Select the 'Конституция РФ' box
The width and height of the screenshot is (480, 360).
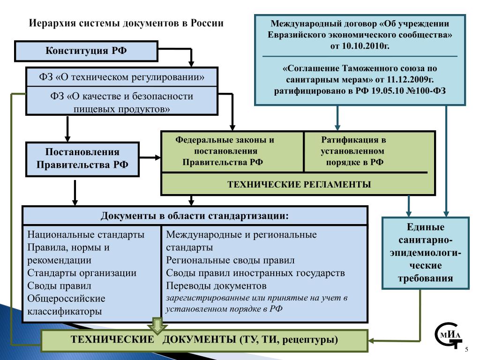tap(86, 51)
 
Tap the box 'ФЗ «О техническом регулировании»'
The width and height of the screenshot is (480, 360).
tap(122, 76)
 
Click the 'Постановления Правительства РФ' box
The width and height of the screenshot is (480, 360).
tap(82, 158)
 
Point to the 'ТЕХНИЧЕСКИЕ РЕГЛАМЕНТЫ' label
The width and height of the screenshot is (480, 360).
tap(299, 184)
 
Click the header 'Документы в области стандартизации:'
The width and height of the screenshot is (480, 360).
tap(195, 216)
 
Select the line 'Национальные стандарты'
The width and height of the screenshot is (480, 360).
tap(86, 235)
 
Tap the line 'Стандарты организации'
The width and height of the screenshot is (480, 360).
tap(82, 273)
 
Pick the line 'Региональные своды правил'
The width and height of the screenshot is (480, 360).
tap(230, 260)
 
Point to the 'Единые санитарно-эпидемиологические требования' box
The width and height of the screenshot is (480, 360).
tap(425, 253)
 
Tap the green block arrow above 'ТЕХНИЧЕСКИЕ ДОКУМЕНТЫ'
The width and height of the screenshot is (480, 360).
tap(157, 324)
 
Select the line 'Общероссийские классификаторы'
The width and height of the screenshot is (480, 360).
tap(66, 305)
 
